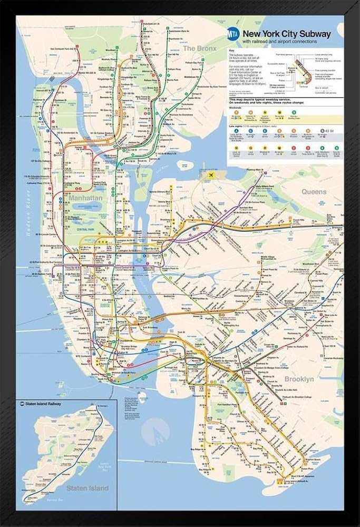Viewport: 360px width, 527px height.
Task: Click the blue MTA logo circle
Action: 233,35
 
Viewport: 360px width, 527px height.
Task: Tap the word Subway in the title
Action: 315,34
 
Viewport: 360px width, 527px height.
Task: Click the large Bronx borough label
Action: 199,48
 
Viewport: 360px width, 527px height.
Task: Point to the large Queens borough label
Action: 314,192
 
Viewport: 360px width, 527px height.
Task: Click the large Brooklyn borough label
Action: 299,379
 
